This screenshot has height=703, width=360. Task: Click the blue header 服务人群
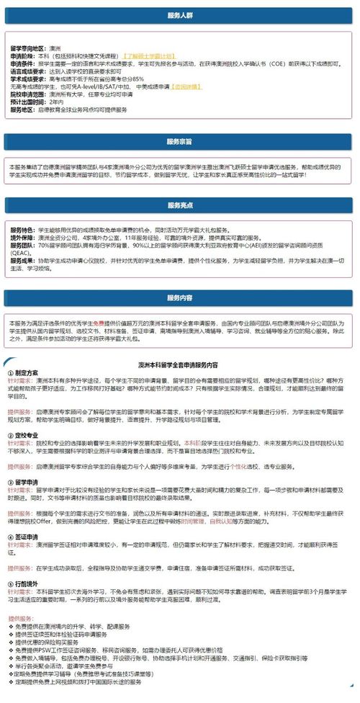click(x=179, y=15)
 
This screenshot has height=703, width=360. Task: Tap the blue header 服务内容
click(x=179, y=297)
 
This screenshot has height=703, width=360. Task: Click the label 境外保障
click(x=21, y=236)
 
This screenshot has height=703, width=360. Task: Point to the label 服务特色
click(x=21, y=228)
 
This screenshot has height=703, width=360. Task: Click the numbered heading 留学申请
click(x=26, y=480)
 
